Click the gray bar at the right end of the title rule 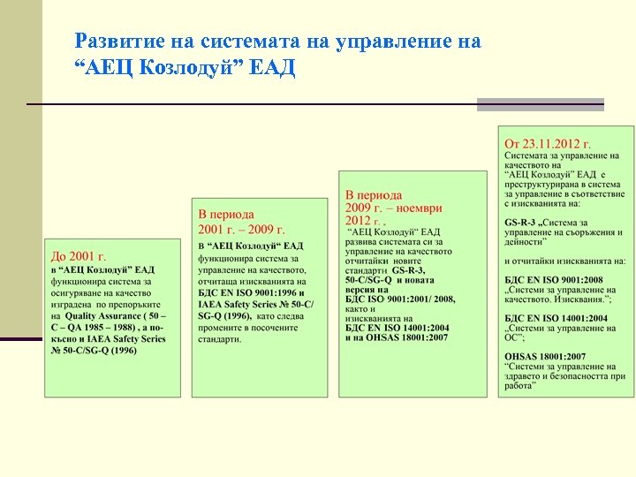(x=540, y=104)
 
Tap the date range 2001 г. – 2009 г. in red (x=235, y=229)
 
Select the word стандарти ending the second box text (x=220, y=338)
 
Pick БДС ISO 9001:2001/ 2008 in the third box (x=400, y=299)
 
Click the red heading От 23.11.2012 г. (x=548, y=143)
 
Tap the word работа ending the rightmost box (x=519, y=385)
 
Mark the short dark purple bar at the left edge (x=20, y=338)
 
